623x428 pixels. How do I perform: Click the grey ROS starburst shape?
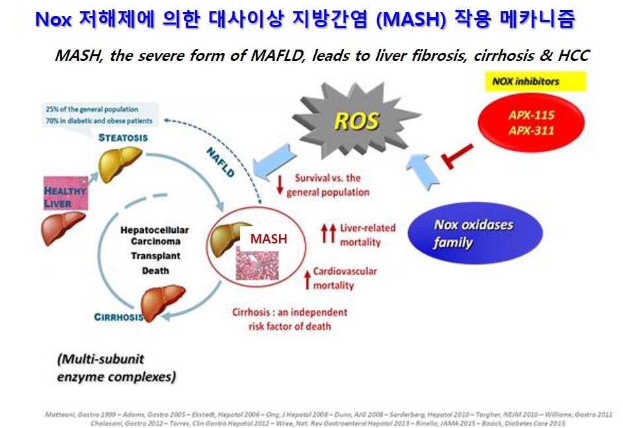coord(356,121)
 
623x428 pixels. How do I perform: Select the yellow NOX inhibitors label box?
coord(525,81)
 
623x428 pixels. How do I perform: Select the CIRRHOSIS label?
coord(119,316)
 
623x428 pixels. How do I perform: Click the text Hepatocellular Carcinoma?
coord(155,235)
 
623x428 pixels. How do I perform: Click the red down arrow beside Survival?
coord(280,185)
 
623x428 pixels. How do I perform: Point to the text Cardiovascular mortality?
coord(344,278)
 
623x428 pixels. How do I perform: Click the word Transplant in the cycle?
coord(155,255)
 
